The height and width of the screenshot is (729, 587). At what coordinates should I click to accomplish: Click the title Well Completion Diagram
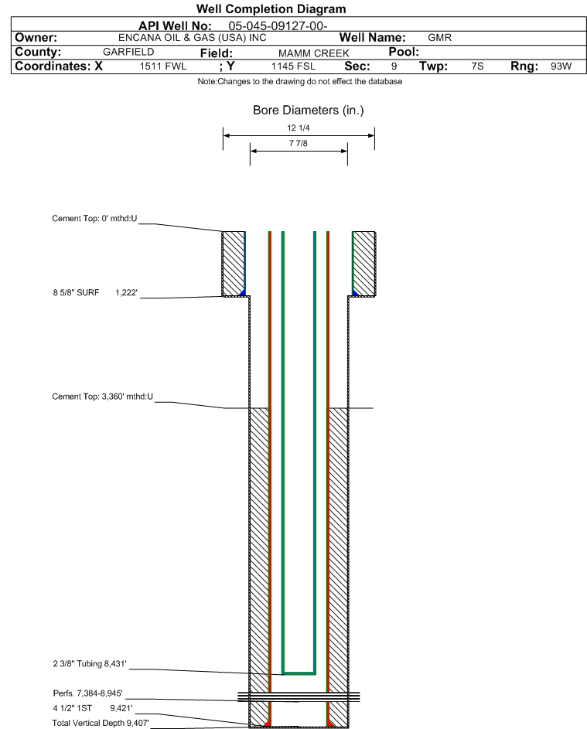[271, 9]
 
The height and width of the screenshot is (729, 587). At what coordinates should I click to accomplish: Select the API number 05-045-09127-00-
[278, 26]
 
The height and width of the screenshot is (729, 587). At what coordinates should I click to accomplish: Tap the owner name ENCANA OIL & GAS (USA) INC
[192, 38]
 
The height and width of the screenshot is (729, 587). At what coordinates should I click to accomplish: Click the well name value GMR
[439, 38]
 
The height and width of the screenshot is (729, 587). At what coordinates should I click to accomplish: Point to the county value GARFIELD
[128, 52]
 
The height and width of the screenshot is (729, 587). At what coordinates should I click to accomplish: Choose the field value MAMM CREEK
[313, 53]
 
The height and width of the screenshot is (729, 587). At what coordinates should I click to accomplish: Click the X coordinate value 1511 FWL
[162, 66]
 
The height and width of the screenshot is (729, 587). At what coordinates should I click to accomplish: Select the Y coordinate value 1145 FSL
[293, 66]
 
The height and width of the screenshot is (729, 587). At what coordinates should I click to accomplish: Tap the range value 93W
[561, 66]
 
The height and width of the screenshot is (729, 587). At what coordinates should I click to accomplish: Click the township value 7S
[477, 66]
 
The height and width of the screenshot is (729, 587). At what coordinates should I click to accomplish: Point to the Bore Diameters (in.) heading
[308, 111]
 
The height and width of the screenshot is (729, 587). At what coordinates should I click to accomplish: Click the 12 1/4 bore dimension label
[299, 128]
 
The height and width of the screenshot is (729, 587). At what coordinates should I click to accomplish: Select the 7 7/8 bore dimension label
[299, 143]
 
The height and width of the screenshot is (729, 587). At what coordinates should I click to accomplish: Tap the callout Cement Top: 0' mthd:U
[94, 219]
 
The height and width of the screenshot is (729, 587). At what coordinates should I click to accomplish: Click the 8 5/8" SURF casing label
[76, 292]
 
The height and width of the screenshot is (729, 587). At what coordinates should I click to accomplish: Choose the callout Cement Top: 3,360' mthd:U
[102, 397]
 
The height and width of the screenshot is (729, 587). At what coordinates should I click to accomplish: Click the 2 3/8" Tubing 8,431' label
[89, 663]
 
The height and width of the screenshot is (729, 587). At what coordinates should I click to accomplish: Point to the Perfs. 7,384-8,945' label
[87, 693]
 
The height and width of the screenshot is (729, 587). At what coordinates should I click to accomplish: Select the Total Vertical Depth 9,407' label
[101, 723]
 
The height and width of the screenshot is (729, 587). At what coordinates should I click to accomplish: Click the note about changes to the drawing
[299, 81]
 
